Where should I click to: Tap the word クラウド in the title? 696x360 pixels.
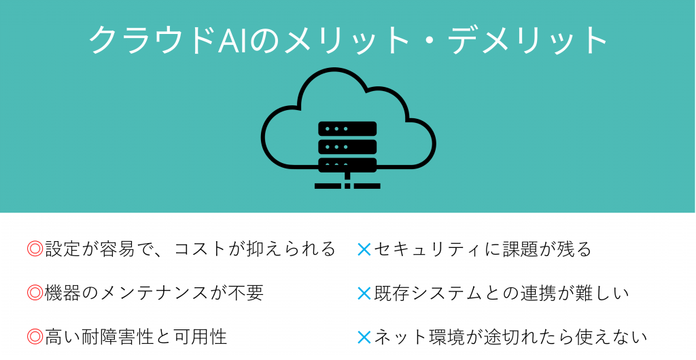(154, 40)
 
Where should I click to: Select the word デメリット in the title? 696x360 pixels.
(527, 40)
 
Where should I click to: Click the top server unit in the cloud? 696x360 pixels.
(347, 128)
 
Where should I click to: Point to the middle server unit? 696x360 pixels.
(347, 147)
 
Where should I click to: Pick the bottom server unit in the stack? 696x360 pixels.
(347, 164)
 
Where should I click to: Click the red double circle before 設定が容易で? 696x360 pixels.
(35, 249)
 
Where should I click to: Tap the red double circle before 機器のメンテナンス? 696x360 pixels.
(35, 293)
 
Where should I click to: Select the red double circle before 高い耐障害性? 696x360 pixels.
(35, 337)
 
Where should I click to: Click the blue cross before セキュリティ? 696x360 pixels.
(364, 250)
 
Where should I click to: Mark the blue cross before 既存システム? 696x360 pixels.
(364, 293)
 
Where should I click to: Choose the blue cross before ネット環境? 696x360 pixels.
(364, 338)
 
